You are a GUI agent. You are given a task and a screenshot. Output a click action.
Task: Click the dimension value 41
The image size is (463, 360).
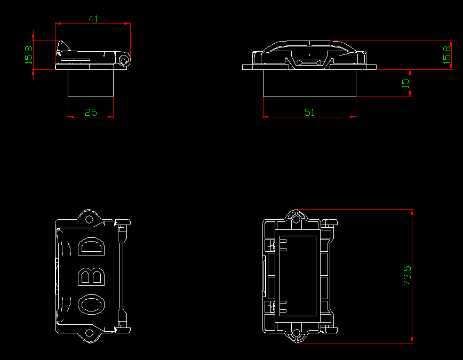[93, 19]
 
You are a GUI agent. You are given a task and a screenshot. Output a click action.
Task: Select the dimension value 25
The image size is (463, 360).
[91, 112]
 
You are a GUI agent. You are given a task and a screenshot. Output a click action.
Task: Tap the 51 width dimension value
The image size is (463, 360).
[309, 112]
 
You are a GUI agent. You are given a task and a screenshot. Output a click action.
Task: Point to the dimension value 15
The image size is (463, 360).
[405, 83]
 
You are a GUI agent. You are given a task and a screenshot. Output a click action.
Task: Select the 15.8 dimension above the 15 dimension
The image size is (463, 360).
[447, 54]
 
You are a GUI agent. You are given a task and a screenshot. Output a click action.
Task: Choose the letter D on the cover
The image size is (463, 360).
[92, 247]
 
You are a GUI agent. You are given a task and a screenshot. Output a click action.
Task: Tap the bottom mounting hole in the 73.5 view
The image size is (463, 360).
[297, 334]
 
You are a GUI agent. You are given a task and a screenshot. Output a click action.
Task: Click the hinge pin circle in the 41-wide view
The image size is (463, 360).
[124, 60]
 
